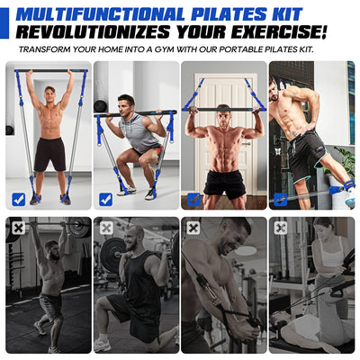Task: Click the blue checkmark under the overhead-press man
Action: pyautogui.click(x=19, y=199)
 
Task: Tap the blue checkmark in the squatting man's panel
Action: pyautogui.click(x=106, y=199)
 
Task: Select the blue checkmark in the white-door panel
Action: pyautogui.click(x=193, y=199)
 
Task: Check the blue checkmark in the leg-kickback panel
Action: pyautogui.click(x=281, y=199)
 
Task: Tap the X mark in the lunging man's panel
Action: pyautogui.click(x=106, y=228)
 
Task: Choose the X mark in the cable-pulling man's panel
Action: pyautogui.click(x=193, y=228)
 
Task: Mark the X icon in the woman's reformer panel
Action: pyautogui.click(x=281, y=228)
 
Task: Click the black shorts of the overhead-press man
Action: pyautogui.click(x=50, y=153)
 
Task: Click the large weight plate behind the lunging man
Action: pyautogui.click(x=112, y=255)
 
